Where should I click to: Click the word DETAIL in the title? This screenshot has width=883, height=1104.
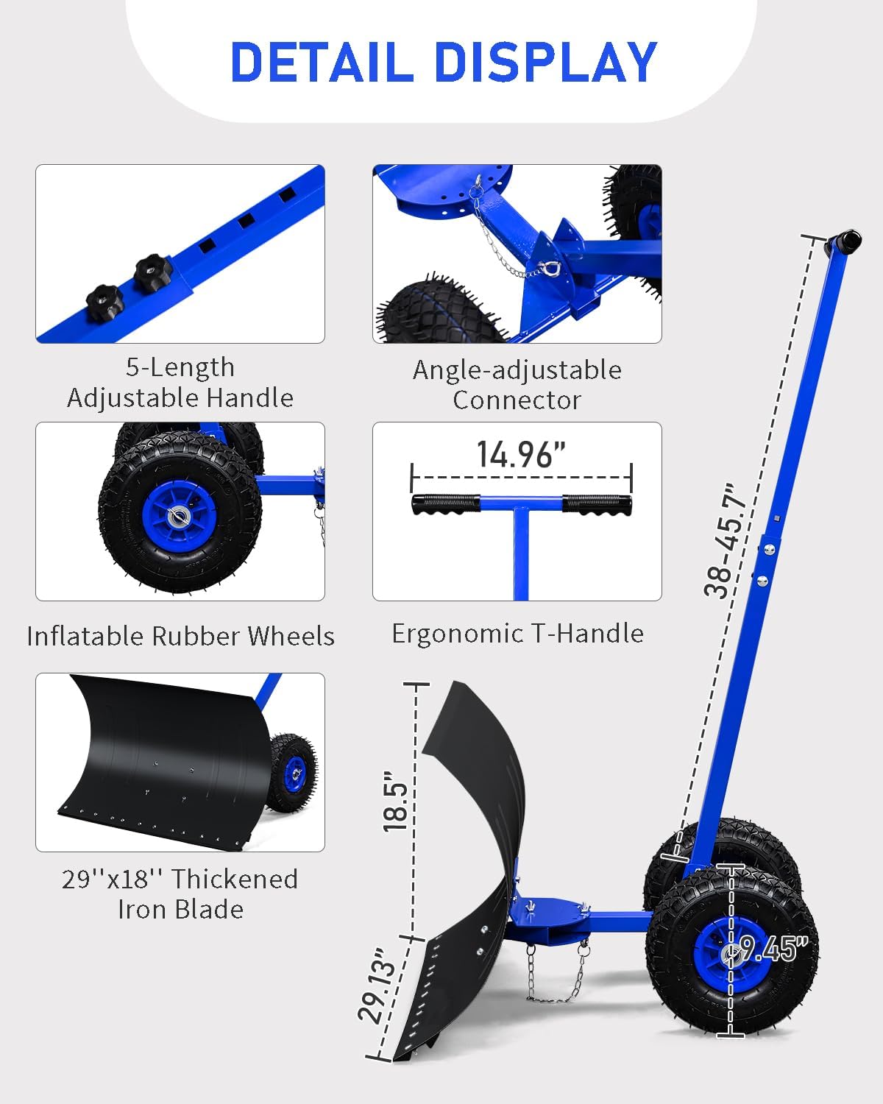point(322,62)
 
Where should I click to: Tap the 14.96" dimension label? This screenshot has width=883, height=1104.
point(521,455)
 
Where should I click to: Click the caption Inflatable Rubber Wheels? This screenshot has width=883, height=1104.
point(180,636)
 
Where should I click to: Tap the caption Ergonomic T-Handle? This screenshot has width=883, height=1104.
point(518,634)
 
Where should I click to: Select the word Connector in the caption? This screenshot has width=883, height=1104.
point(517,400)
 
